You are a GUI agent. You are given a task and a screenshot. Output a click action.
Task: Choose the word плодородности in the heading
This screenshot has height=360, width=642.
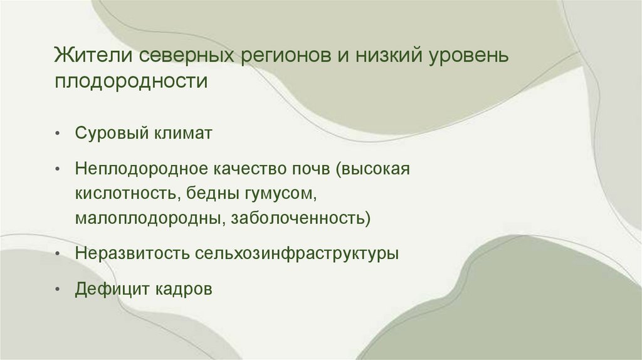pyautogui.click(x=130, y=82)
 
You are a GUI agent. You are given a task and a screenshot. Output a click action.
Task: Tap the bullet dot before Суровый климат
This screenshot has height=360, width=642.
pyautogui.click(x=57, y=134)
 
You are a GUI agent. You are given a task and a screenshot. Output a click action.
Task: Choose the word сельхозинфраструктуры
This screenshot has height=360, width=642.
pyautogui.click(x=299, y=255)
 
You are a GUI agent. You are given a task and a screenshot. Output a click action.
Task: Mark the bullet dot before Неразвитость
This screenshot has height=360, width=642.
pyautogui.click(x=57, y=255)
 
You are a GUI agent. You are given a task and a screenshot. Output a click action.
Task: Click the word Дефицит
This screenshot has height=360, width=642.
pyautogui.click(x=107, y=290)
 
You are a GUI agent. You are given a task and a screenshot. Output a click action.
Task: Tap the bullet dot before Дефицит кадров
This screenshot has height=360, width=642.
pyautogui.click(x=57, y=290)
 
